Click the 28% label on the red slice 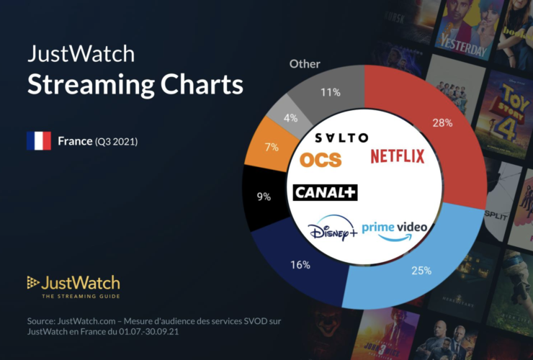click(442, 123)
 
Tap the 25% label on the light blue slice click(421, 271)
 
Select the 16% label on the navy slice click(301, 265)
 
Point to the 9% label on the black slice click(264, 196)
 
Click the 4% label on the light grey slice click(291, 117)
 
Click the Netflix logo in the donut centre click(398, 156)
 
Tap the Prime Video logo click(394, 228)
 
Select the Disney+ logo click(332, 232)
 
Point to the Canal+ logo click(326, 192)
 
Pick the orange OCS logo click(321, 159)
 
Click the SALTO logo click(341, 138)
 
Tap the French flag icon click(38, 140)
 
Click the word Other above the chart click(305, 64)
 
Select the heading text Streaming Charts click(135, 84)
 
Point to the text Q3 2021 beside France click(116, 141)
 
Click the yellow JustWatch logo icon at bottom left click(32, 282)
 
